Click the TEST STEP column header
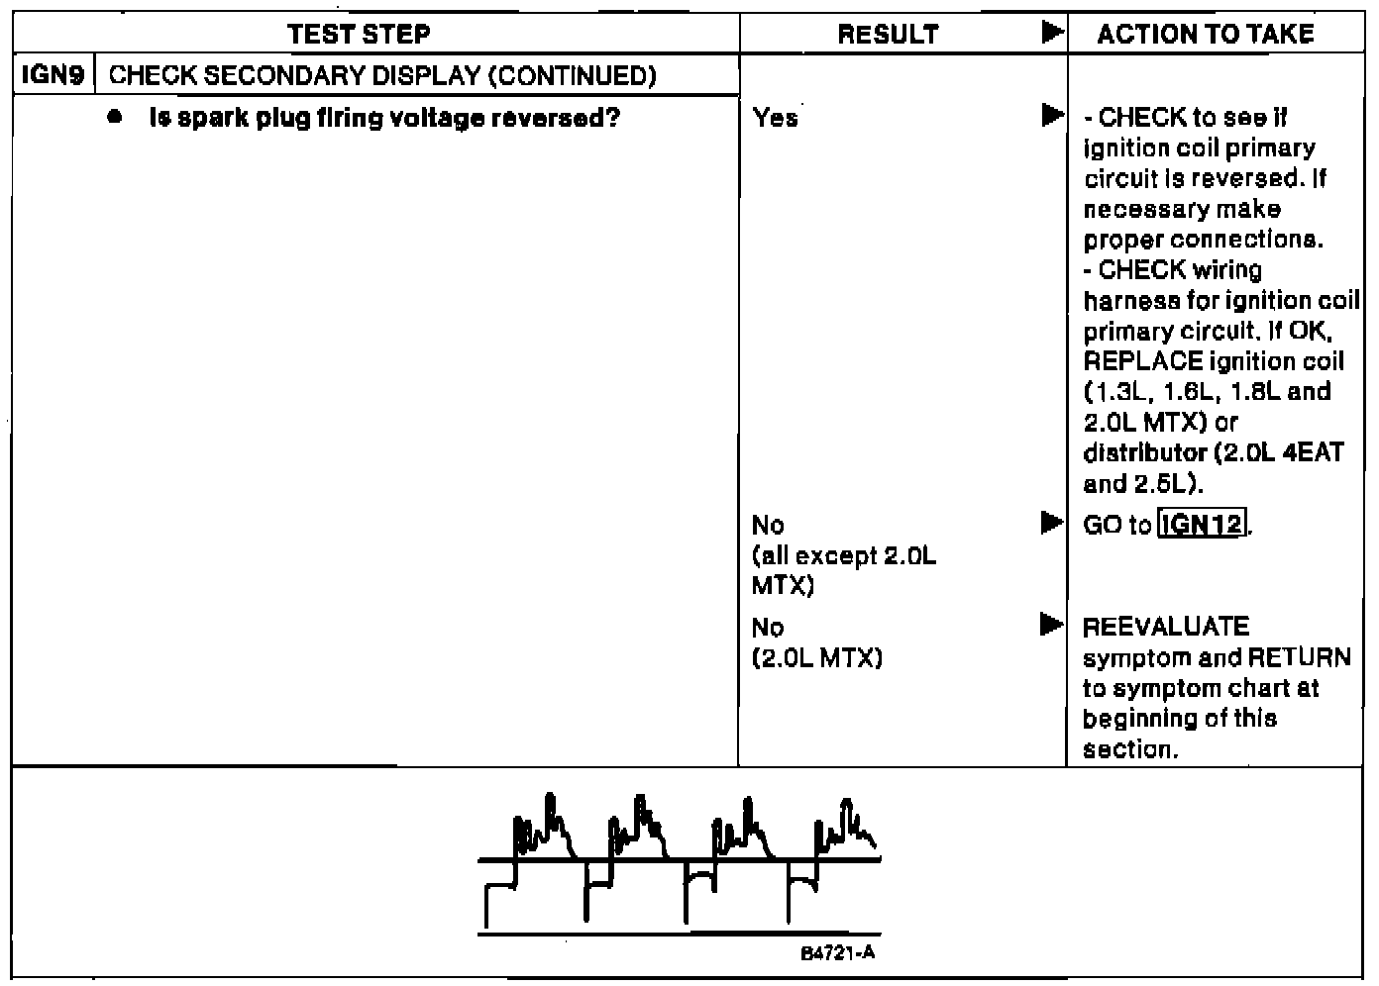click(360, 35)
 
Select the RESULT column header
click(888, 35)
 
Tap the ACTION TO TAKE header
click(1206, 35)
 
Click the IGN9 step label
click(53, 76)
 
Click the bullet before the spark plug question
click(117, 118)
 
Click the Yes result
click(775, 119)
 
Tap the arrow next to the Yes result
click(1052, 116)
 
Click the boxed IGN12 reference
click(1203, 524)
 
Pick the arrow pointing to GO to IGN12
click(1052, 522)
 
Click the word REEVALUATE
click(1166, 627)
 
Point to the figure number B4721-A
click(838, 953)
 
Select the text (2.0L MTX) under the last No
click(817, 658)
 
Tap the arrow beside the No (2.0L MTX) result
click(1052, 625)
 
